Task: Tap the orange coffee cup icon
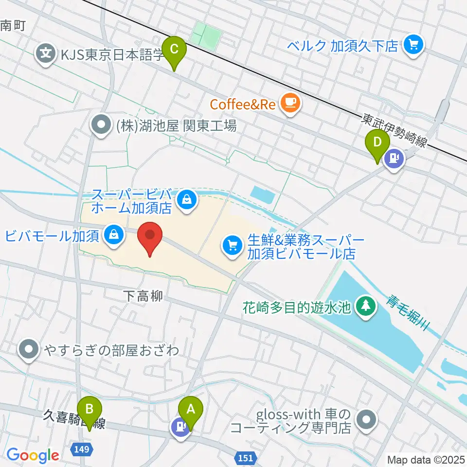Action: pos(290,103)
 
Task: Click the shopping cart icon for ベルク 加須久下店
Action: pos(414,46)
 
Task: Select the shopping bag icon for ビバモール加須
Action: pos(113,235)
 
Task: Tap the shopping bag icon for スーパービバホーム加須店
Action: pos(186,198)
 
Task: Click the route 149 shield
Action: pos(82,449)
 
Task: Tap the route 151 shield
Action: pos(246,457)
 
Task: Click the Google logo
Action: pos(33,455)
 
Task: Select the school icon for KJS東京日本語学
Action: pos(46,52)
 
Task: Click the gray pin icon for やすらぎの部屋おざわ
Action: pos(30,350)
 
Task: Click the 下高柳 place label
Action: pos(143,296)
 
